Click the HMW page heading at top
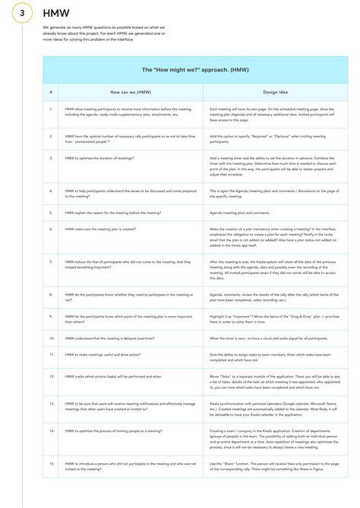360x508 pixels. (53, 14)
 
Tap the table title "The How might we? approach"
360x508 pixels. (194, 69)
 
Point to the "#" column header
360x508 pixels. (51, 92)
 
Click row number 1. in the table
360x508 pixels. (51, 109)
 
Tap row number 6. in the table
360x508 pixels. (51, 229)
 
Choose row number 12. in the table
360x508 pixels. (51, 375)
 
